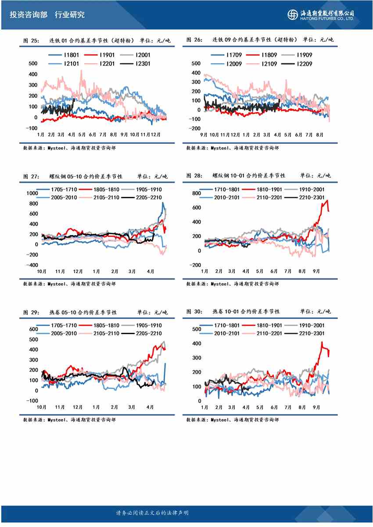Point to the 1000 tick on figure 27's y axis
click(33, 193)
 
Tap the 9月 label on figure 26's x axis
click(204, 134)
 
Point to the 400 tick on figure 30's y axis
click(197, 343)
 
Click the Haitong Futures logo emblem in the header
click(292, 14)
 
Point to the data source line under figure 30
click(232, 420)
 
